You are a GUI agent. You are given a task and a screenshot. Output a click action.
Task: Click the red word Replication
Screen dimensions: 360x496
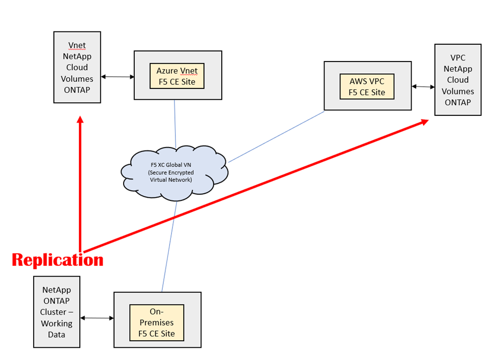point(57,260)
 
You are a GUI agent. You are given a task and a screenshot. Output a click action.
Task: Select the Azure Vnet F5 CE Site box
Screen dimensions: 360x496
point(178,75)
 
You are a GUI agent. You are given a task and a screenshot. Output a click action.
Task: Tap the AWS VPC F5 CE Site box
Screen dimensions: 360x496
point(367,85)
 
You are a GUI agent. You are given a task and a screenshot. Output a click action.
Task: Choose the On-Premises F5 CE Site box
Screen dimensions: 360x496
point(157,322)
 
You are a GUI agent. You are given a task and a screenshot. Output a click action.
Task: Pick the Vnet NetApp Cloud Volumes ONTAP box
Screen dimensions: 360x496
point(77,67)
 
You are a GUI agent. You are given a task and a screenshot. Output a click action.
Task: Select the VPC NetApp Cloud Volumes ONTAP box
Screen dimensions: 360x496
point(458,80)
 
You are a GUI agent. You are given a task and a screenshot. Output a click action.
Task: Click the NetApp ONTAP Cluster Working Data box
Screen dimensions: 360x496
point(56,312)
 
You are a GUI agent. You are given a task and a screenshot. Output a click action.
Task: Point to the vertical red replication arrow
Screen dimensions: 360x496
point(80,183)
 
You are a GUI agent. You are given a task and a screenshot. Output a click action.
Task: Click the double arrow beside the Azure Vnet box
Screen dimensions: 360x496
point(118,77)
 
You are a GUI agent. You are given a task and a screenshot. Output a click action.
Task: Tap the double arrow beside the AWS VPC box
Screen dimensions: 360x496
point(423,87)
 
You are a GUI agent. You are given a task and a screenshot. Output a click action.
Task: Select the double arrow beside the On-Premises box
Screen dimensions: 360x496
point(97,318)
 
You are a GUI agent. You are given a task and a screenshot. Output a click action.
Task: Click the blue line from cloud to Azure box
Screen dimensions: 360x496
point(175,122)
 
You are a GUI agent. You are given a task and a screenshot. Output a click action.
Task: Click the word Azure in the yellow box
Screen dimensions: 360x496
point(166,71)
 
